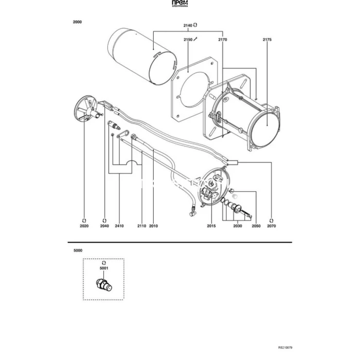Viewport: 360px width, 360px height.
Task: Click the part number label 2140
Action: click(x=187, y=25)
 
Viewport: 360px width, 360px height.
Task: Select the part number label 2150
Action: click(x=188, y=39)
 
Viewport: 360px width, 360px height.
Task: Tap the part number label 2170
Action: click(x=223, y=39)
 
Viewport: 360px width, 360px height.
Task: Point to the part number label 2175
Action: click(x=267, y=39)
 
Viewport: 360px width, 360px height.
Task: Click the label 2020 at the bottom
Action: click(x=84, y=226)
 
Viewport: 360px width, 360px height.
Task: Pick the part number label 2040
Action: click(x=105, y=226)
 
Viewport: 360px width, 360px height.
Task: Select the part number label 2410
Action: click(x=119, y=226)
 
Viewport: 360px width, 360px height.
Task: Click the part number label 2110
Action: click(x=142, y=226)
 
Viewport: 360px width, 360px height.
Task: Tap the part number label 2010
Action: click(x=153, y=226)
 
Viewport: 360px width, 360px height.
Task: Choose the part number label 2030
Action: click(x=237, y=226)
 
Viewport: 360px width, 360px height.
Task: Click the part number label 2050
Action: click(x=256, y=226)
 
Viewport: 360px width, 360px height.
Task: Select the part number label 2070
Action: click(x=272, y=226)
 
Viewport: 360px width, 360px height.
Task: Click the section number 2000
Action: click(x=77, y=22)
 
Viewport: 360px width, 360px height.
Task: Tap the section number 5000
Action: click(x=78, y=250)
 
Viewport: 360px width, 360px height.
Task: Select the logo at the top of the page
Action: click(x=179, y=5)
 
